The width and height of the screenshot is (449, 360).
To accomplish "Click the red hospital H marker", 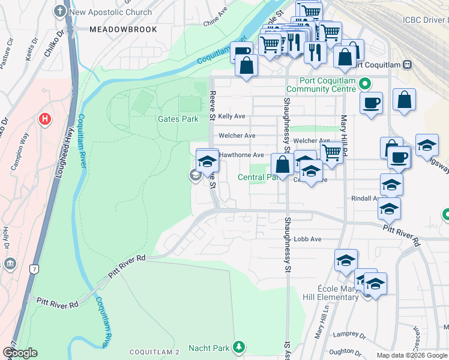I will (44, 119).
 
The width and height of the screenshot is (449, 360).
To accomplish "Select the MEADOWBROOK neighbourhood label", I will (123, 29).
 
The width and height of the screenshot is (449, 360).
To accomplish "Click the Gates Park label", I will (178, 119).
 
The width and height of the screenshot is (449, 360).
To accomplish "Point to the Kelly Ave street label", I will (232, 116).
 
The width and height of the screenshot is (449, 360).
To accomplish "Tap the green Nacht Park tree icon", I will (239, 347).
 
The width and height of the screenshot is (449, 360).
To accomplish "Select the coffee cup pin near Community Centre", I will (371, 102).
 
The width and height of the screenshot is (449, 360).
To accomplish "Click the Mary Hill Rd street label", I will (345, 135).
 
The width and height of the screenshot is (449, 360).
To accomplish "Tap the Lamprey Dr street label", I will (351, 335).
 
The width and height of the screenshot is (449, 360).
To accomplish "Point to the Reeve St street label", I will (212, 102).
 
